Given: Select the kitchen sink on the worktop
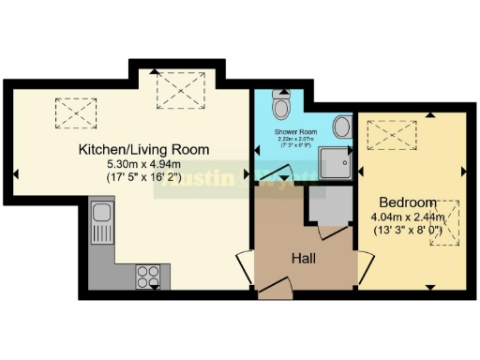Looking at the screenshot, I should [101, 225].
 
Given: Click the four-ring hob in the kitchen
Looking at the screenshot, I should [148, 275].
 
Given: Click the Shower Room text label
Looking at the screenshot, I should [296, 132].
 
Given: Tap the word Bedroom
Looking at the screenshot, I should [408, 202].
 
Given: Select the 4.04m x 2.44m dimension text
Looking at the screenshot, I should [408, 217].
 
